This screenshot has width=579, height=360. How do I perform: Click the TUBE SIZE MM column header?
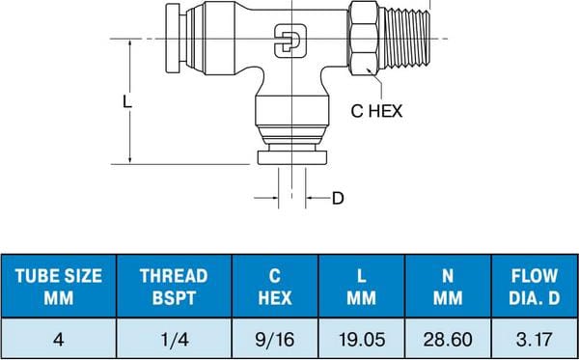coord(58,287)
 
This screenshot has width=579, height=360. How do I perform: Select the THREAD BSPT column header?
coord(173,287)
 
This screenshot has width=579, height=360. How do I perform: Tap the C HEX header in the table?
coord(274,287)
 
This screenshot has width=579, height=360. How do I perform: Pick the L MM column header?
coord(361,287)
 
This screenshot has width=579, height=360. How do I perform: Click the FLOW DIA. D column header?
coord(533,287)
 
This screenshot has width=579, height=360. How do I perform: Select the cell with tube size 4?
coord(58,339)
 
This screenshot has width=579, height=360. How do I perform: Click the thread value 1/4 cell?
coord(173,339)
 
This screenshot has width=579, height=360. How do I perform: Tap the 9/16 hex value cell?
coord(274,339)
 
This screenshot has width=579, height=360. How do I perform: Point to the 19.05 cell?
coord(361,339)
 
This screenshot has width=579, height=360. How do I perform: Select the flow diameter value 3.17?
coord(533,339)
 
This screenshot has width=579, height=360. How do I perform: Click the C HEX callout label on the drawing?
coord(375,110)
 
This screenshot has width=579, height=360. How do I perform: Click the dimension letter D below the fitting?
coord(338,199)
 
